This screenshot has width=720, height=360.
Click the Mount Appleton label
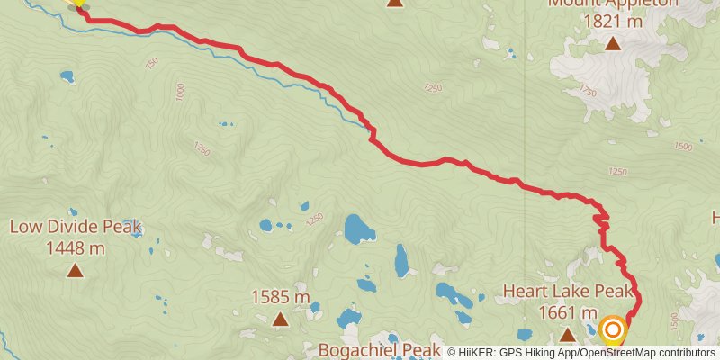tap(612, 4)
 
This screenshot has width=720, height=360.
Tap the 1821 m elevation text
tap(613, 21)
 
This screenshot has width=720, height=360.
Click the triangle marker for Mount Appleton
tap(613, 43)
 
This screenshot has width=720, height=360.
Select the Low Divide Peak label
tap(76, 227)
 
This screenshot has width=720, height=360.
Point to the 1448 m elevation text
tap(76, 247)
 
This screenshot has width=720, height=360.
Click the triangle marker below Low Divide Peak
tap(75, 269)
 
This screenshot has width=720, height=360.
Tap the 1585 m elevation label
tap(280, 296)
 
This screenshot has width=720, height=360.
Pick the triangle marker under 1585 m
tap(280, 318)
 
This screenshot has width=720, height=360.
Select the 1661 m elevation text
tap(568, 312)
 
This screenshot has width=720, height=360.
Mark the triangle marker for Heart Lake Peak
tap(568, 335)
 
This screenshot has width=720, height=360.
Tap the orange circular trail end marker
tap(613, 330)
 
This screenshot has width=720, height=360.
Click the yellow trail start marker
tap(78, 3)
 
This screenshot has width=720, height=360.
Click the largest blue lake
tap(359, 229)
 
